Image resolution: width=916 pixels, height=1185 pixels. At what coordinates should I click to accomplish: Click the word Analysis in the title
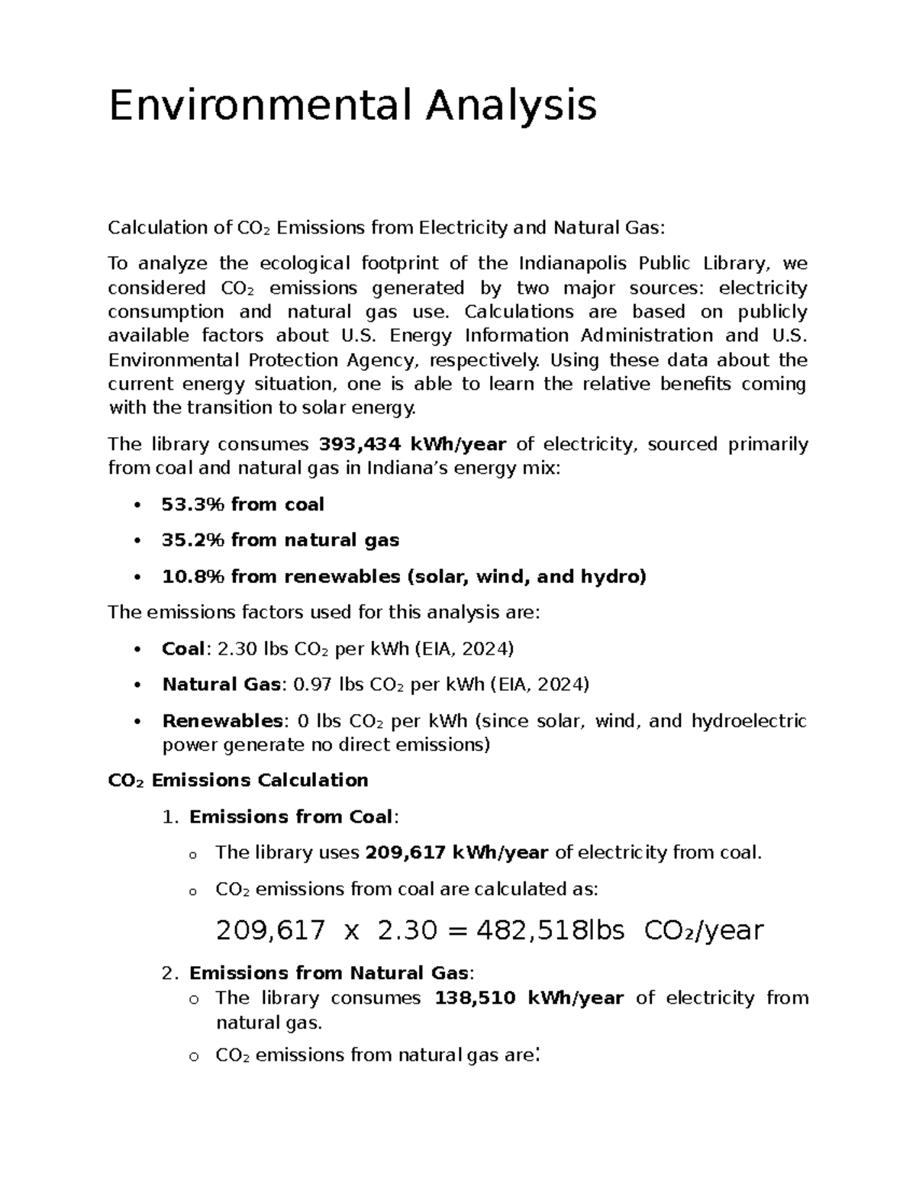pos(510,105)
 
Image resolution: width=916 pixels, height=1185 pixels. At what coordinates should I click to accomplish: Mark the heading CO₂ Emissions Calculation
pos(238,780)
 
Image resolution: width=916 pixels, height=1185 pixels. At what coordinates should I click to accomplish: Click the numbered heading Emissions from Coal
pos(292,816)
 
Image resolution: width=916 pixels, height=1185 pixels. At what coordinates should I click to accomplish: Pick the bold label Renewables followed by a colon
pos(222,721)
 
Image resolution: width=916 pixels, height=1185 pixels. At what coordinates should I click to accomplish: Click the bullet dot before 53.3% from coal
pos(137,505)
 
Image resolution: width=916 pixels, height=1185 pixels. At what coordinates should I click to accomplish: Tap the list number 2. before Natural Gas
pos(170,973)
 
